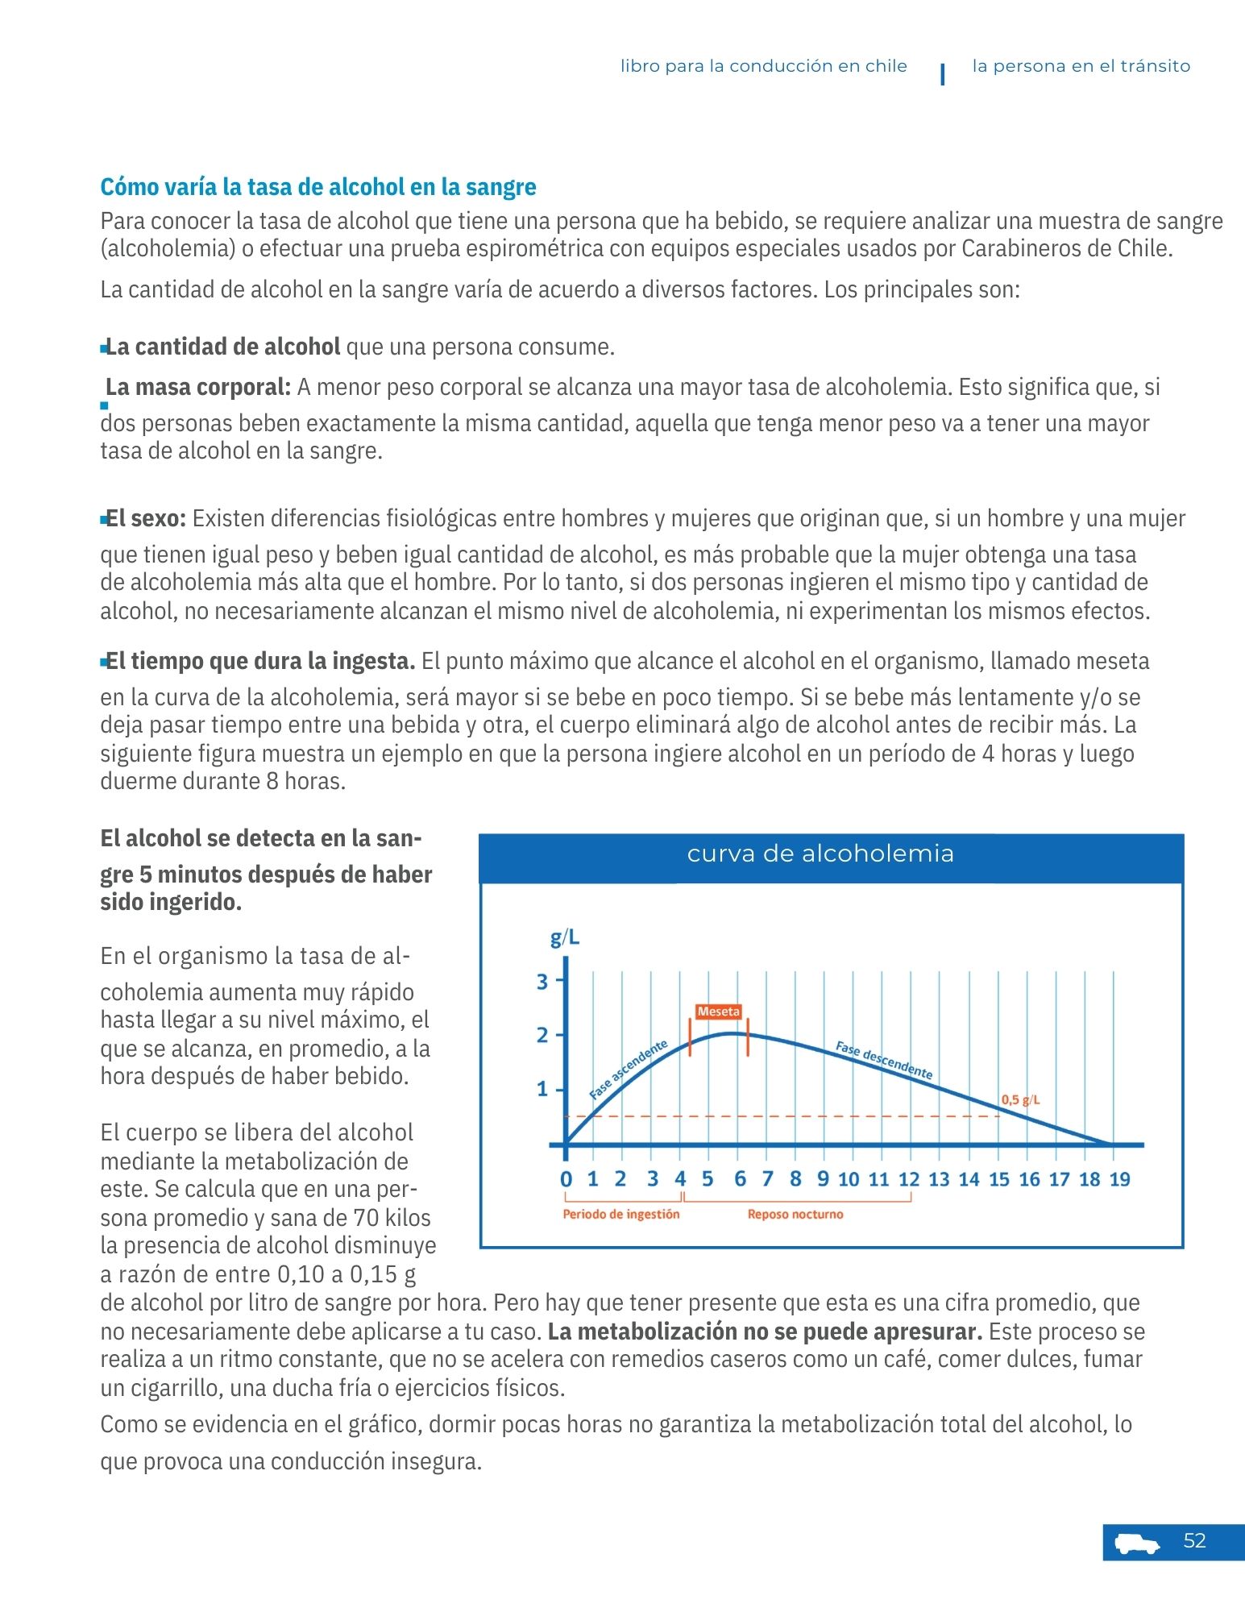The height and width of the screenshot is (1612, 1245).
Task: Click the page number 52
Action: pos(1193,1541)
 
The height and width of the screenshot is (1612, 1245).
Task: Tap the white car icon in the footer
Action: pos(1137,1543)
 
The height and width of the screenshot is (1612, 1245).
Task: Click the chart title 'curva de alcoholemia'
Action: pos(820,854)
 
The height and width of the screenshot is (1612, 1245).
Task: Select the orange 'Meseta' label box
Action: pos(718,1012)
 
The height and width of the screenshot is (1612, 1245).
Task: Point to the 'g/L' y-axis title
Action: pos(564,937)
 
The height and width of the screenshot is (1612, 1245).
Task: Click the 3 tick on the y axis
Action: pos(542,982)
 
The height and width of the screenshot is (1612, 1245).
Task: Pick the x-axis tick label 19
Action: pos(1119,1180)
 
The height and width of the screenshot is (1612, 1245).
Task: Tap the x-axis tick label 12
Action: pos(909,1180)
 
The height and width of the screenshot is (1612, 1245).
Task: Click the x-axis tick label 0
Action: pos(566,1180)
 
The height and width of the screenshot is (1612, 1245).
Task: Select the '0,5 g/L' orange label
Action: pos(1020,1099)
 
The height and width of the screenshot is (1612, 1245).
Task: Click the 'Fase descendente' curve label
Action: pos(883,1060)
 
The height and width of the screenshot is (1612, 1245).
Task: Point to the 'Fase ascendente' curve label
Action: pos(629,1070)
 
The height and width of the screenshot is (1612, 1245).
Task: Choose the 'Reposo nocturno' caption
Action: pos(795,1215)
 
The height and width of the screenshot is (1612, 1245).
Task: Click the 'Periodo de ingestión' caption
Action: pos(620,1215)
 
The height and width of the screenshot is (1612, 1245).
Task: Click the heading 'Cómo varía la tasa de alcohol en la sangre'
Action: pos(317,187)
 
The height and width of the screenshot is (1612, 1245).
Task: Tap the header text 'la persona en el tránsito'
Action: pos(1081,66)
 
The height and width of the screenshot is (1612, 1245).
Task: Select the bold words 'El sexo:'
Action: pos(146,518)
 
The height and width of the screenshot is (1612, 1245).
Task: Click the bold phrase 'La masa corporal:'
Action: pos(197,388)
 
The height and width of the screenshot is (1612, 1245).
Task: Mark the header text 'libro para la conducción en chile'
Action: pos(763,66)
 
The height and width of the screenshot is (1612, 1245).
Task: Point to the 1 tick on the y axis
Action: pos(542,1090)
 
